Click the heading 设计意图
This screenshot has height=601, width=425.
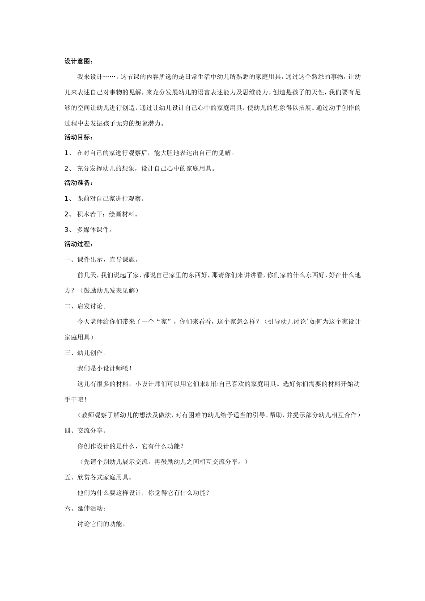click(x=78, y=62)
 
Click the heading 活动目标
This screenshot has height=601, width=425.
click(x=78, y=138)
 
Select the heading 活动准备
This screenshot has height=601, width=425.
click(x=78, y=183)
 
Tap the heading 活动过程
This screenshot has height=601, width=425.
click(x=78, y=244)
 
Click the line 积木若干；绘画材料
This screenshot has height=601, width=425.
click(x=107, y=214)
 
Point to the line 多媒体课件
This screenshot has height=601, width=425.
click(x=94, y=229)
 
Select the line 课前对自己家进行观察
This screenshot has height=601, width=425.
click(x=110, y=199)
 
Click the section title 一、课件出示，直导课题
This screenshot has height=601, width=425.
click(x=102, y=259)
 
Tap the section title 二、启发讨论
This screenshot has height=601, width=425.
click(x=85, y=306)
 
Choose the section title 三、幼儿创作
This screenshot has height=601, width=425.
click(x=85, y=353)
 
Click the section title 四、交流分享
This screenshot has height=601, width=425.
click(x=85, y=430)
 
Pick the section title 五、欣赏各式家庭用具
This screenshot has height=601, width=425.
click(x=98, y=477)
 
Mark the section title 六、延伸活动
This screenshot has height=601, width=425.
click(x=85, y=508)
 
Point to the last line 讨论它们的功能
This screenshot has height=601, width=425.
click(x=101, y=524)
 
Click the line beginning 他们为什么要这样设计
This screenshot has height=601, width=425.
click(x=144, y=493)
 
